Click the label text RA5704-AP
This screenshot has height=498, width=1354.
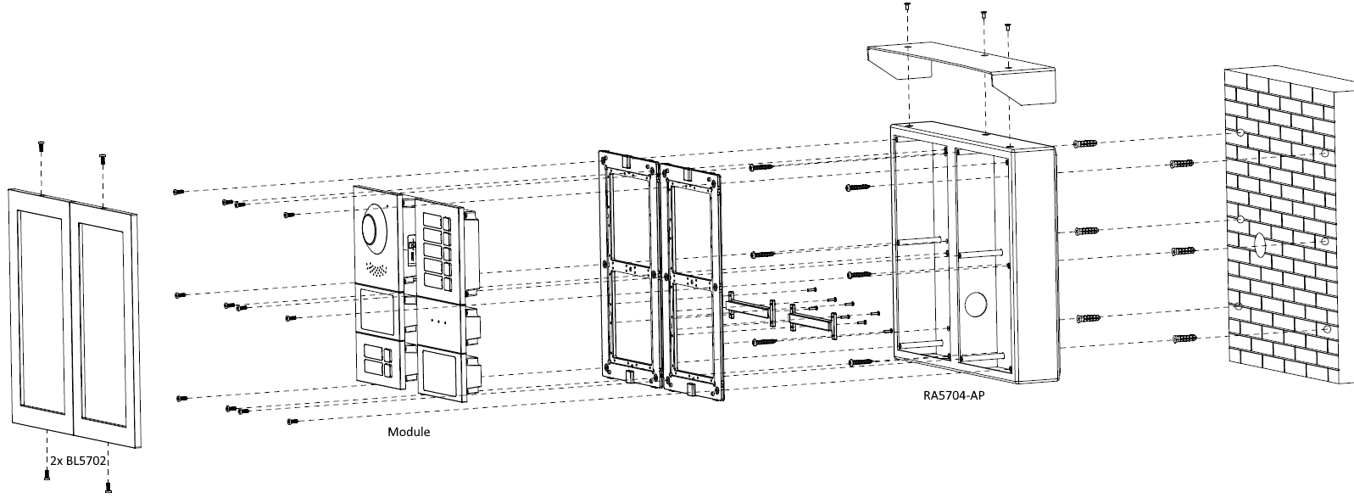pyautogui.click(x=954, y=395)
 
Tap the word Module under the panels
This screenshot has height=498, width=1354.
pyautogui.click(x=409, y=432)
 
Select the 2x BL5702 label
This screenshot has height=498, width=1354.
pyautogui.click(x=78, y=461)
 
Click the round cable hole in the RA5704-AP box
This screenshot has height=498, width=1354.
pyautogui.click(x=975, y=305)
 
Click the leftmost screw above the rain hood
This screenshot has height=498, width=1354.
pyautogui.click(x=907, y=7)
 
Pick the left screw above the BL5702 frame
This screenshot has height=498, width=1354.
pyautogui.click(x=41, y=146)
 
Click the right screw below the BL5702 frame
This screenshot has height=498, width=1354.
pyautogui.click(x=109, y=486)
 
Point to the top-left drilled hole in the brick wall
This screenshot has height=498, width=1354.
pyautogui.click(x=1240, y=133)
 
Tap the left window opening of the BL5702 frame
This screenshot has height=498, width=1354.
pyautogui.click(x=41, y=312)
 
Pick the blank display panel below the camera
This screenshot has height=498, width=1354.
pyautogui.click(x=376, y=311)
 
